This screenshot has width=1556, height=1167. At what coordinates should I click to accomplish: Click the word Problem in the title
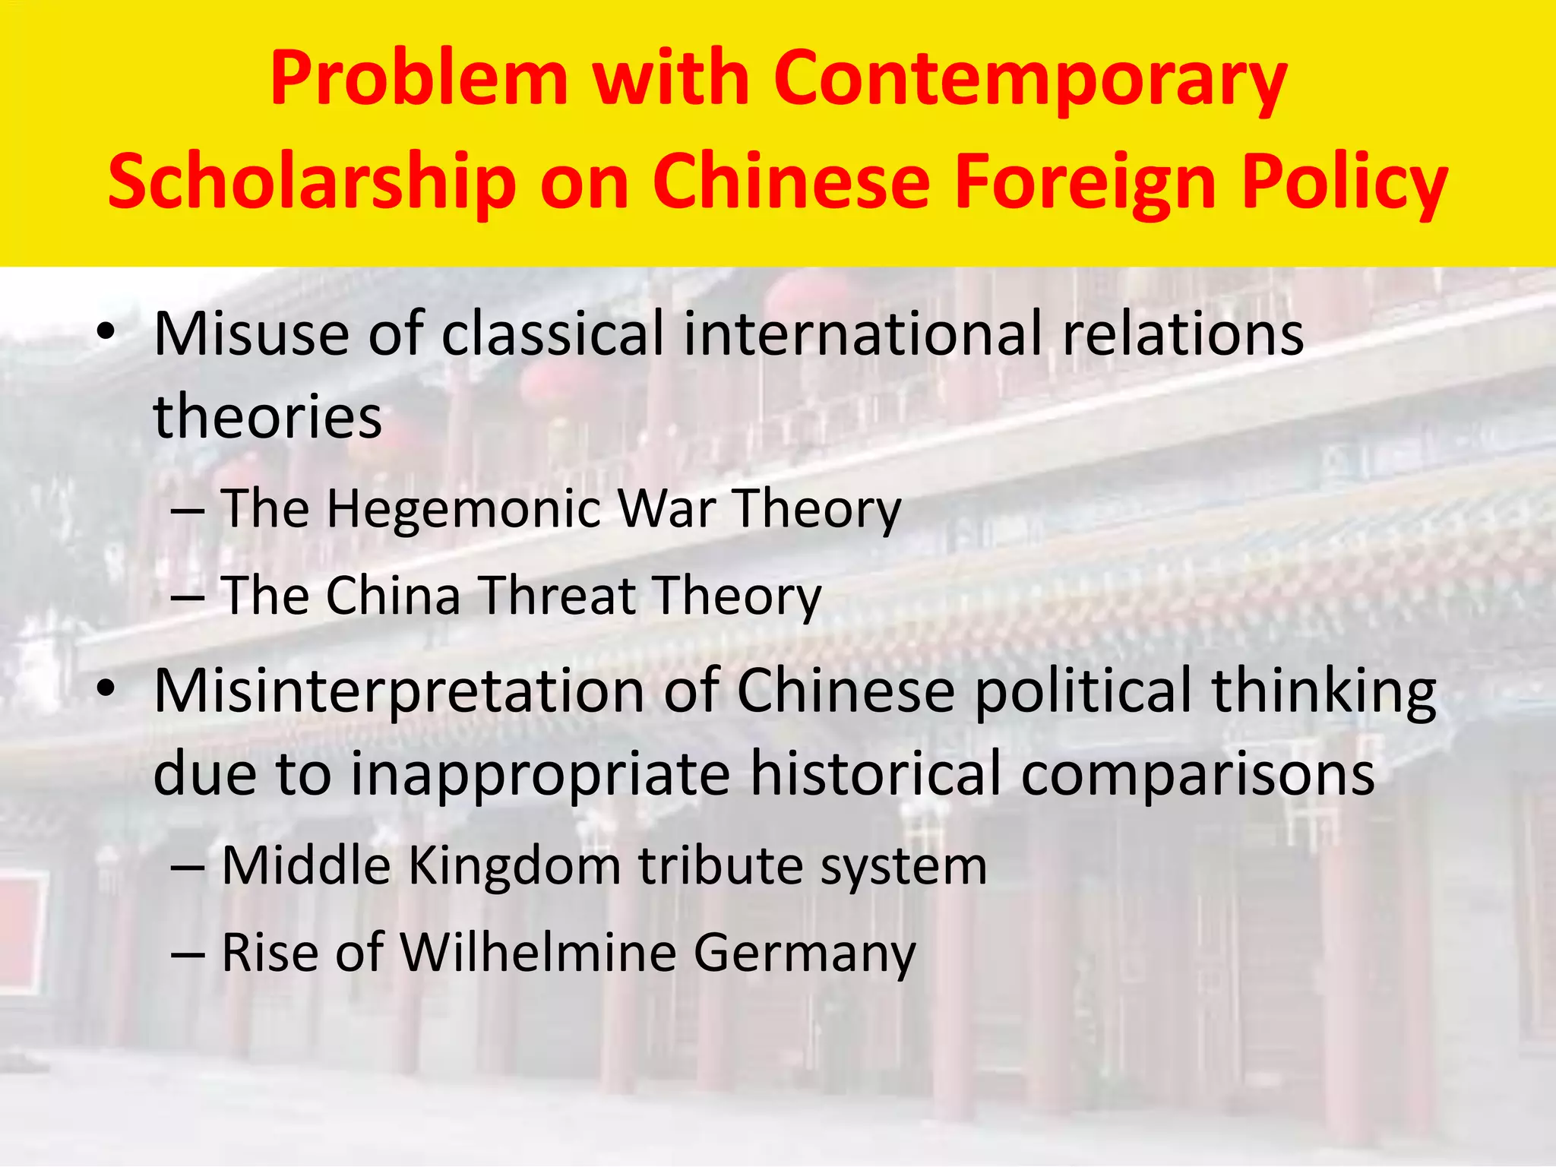click(x=419, y=79)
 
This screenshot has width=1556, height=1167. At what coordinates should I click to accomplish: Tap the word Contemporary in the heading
click(x=1029, y=79)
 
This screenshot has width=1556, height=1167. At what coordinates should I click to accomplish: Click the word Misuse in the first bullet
click(x=251, y=334)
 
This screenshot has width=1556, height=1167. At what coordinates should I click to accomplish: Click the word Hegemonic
click(x=463, y=508)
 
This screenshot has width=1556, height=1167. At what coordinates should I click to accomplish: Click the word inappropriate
click(x=540, y=774)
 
